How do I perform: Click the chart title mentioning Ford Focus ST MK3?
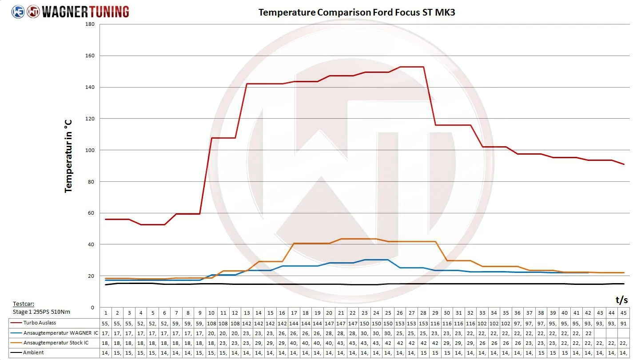pyautogui.click(x=357, y=12)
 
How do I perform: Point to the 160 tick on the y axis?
pyautogui.click(x=90, y=56)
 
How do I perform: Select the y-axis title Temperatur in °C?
pyautogui.click(x=68, y=156)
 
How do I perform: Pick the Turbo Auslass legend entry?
pyautogui.click(x=40, y=323)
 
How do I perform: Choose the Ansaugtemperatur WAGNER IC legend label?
pyautogui.click(x=55, y=333)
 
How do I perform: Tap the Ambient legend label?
pyautogui.click(x=33, y=352)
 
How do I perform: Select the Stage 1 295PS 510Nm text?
pyautogui.click(x=41, y=312)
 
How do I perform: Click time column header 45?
pyautogui.click(x=623, y=313)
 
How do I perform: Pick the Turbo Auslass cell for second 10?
pyautogui.click(x=211, y=323)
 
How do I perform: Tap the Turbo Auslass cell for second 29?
pyautogui.click(x=435, y=323)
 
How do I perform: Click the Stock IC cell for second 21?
pyautogui.click(x=341, y=343)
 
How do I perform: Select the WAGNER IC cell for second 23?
pyautogui.click(x=364, y=333)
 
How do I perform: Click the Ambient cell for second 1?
pyautogui.click(x=106, y=352)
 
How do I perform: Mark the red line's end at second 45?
pyautogui.click(x=624, y=164)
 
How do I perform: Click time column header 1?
pyautogui.click(x=106, y=313)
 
